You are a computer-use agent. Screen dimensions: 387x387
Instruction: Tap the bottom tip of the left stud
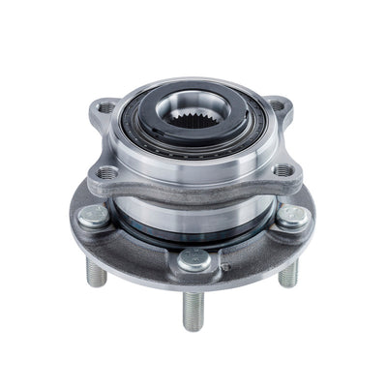[x=97, y=285]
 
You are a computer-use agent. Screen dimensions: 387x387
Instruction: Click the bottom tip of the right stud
[x=288, y=286]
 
